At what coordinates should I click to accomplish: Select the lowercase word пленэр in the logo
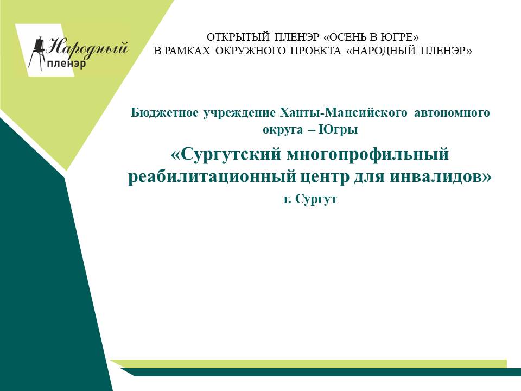tap(66, 64)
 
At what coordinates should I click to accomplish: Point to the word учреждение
tap(239, 113)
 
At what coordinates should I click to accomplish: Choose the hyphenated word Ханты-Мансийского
tap(343, 113)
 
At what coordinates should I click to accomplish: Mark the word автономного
tap(452, 113)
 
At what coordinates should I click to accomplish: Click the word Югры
tap(338, 129)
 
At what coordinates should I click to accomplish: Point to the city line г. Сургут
tap(310, 199)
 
